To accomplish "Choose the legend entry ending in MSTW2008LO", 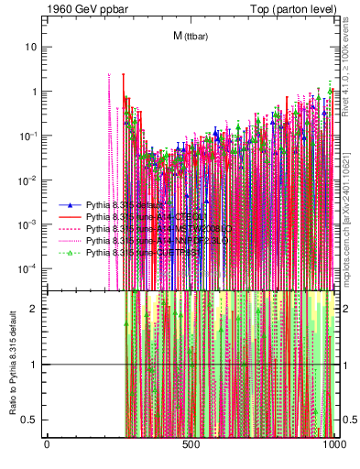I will point(137,229).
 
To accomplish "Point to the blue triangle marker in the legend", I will point(69,206).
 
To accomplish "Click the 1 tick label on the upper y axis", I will point(34,92).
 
